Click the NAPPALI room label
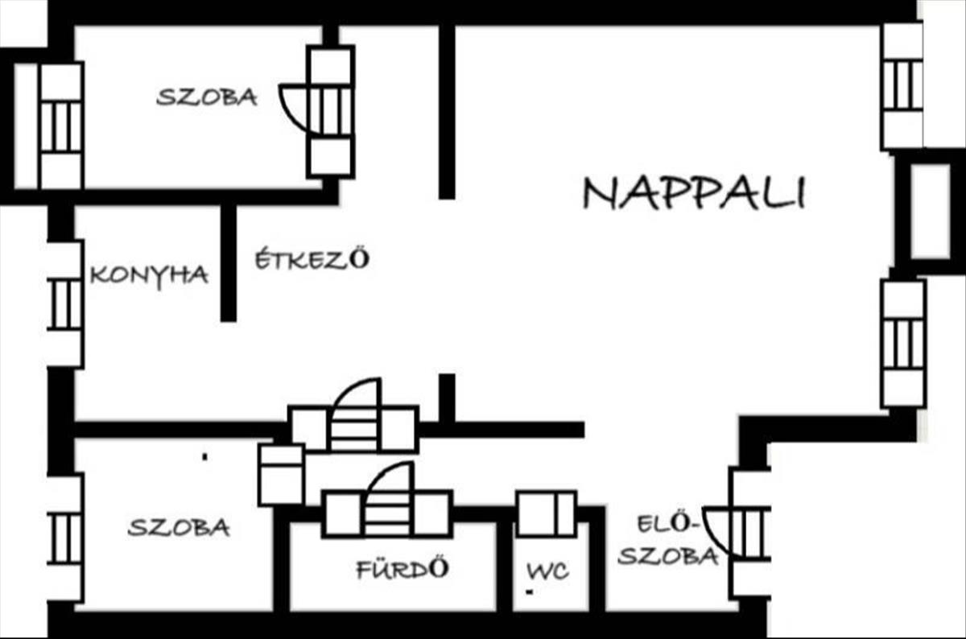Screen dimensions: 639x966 pos(694,194)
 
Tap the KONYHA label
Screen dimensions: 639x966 pos(149,275)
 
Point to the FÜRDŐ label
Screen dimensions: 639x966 pos(402,570)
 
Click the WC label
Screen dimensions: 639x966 pos(547,571)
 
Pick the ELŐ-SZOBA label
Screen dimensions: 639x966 pos(667,541)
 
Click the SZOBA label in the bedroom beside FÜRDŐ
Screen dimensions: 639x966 pos(179,528)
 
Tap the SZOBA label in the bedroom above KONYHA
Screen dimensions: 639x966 pos(207,97)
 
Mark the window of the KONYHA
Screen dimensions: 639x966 pos(64,304)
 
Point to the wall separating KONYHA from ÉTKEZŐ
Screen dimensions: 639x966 pos(229,262)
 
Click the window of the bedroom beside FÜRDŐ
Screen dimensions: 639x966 pos(64,538)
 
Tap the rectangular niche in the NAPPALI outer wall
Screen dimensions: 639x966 pos(930,209)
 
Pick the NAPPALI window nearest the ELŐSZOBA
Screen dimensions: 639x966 pos(902,342)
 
